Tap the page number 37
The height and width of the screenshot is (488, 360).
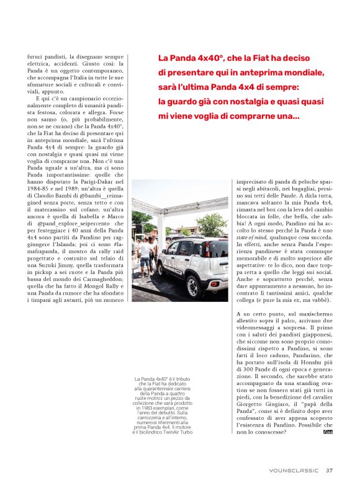coord(330,469)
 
